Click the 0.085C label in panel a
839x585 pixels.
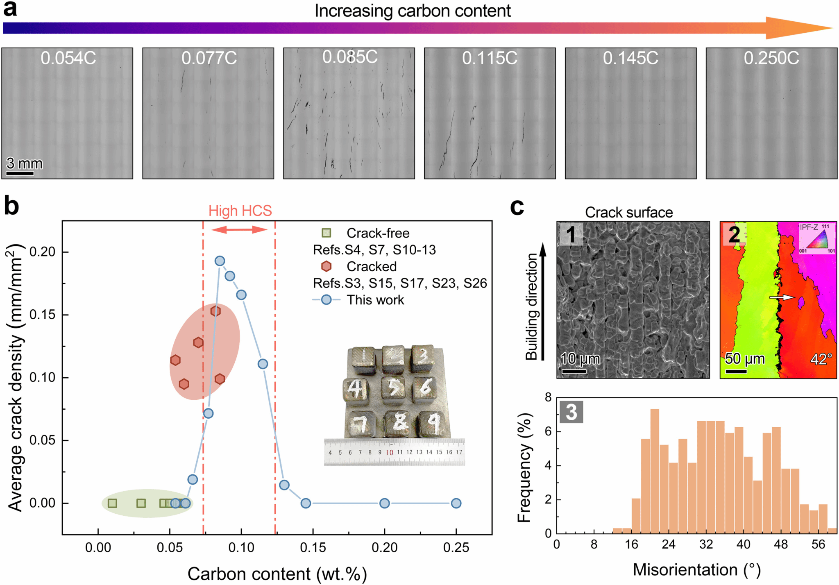point(350,57)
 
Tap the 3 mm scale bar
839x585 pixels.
point(20,174)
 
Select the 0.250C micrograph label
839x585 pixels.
point(771,58)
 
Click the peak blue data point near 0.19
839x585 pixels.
point(220,261)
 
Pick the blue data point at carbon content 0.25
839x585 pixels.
point(456,503)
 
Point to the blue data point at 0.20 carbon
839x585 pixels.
point(384,503)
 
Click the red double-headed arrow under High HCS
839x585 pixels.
point(239,229)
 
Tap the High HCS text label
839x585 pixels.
point(240,211)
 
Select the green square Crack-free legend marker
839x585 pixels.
point(326,233)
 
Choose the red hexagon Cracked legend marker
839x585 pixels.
point(326,266)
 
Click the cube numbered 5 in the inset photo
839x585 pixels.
point(393,387)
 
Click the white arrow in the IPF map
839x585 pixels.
point(782,297)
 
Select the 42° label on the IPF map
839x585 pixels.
point(821,359)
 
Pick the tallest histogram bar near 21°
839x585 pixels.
point(655,471)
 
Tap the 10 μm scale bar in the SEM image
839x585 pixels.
point(574,372)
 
